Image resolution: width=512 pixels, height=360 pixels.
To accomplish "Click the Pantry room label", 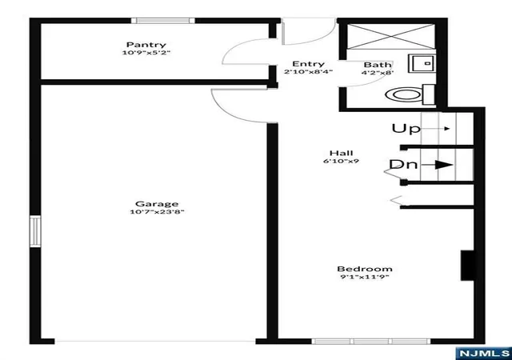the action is tap(146, 45).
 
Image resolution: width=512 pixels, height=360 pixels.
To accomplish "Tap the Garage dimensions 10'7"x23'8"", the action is tap(157, 212).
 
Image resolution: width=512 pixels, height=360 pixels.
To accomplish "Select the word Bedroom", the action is tap(365, 269).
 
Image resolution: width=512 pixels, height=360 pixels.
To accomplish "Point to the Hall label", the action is tap(342, 153).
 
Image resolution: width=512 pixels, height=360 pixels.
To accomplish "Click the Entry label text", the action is tap(308, 64).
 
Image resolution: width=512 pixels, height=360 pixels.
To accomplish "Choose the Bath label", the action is tap(377, 65).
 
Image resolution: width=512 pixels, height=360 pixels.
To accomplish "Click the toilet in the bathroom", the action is tap(410, 94).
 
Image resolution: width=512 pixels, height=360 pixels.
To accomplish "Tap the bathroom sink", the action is tap(422, 63).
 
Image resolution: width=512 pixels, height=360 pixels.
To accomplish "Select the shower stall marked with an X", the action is tap(390, 37).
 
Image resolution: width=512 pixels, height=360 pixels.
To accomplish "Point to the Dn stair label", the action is tap(403, 164).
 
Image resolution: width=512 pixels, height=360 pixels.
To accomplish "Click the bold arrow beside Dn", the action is tap(437, 165).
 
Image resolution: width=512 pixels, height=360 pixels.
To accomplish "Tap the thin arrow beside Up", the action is tap(436, 129).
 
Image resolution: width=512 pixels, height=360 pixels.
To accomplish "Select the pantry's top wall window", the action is tap(163, 21).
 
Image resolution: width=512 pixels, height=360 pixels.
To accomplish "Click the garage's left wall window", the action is tap(35, 231).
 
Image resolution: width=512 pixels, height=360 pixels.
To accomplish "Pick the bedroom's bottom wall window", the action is tap(371, 342).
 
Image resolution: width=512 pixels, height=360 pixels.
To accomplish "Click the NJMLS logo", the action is tap(484, 353).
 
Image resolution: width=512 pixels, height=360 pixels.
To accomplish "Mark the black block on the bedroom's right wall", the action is tap(467, 266).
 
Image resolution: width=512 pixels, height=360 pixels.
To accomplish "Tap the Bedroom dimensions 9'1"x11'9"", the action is tap(365, 277).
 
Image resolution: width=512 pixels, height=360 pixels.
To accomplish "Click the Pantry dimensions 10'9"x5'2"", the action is tap(146, 52).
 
